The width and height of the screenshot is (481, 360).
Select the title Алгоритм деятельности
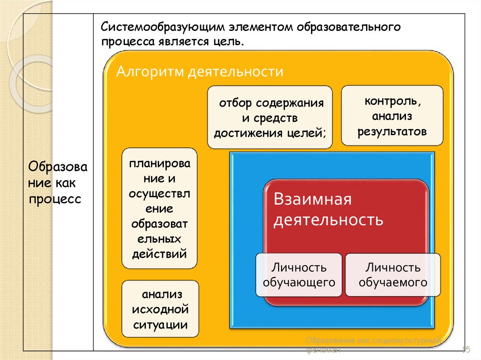pyautogui.click(x=200, y=72)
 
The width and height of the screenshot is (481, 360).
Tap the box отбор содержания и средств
pyautogui.click(x=270, y=117)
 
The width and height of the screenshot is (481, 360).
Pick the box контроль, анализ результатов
pyautogui.click(x=392, y=115)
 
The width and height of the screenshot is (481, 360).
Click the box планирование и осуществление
pyautogui.click(x=160, y=208)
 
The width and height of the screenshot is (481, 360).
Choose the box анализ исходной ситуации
pyautogui.click(x=160, y=309)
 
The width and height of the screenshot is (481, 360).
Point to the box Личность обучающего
pyautogui.click(x=299, y=275)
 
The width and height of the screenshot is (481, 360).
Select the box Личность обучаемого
pyautogui.click(x=393, y=275)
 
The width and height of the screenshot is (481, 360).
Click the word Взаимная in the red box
pyautogui.click(x=313, y=199)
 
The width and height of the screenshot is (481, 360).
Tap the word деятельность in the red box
pyautogui.click(x=328, y=219)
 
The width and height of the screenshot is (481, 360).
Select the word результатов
pyautogui.click(x=392, y=131)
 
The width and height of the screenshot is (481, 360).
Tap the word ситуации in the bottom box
pyautogui.click(x=160, y=324)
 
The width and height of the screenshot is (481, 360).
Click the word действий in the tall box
pyautogui.click(x=160, y=254)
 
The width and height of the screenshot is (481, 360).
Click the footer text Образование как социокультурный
pyautogui.click(x=373, y=340)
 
